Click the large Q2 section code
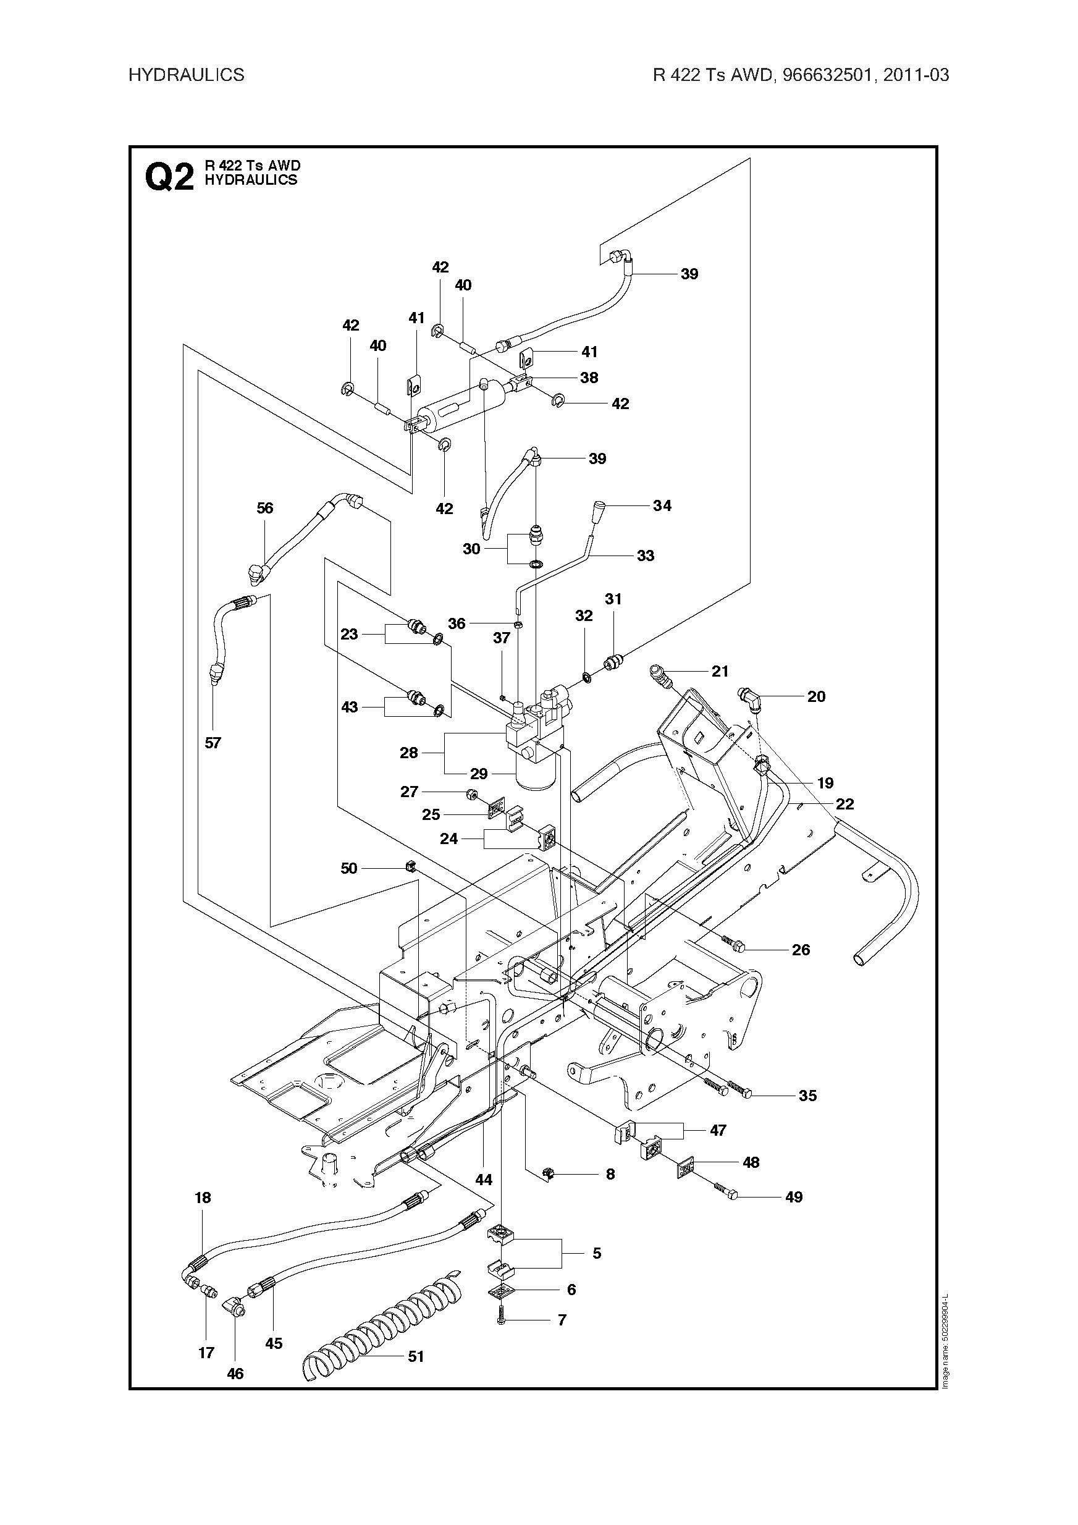[x=169, y=177]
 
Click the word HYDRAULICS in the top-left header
[x=186, y=74]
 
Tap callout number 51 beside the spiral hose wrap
[x=416, y=1356]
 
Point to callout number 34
[x=662, y=505]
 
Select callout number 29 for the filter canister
[x=479, y=773]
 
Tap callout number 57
[x=213, y=743]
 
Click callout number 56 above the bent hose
[x=265, y=508]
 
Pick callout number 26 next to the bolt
[x=801, y=950]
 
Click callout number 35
[x=807, y=1096]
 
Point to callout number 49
[x=794, y=1197]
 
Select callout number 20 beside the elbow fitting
[x=816, y=696]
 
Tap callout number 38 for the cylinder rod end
[x=589, y=378]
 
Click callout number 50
[x=348, y=868]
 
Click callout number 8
[x=610, y=1174]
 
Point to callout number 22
[x=845, y=804]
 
